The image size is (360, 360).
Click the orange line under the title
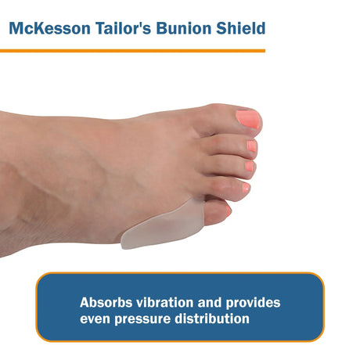133,51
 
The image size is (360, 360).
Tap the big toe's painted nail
248,120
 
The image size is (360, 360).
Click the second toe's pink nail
251,146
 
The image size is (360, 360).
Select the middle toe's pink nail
249,167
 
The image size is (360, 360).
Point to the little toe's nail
228,209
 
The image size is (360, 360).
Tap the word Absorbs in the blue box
108,302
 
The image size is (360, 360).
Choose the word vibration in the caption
170,302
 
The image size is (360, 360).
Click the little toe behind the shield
216,209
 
